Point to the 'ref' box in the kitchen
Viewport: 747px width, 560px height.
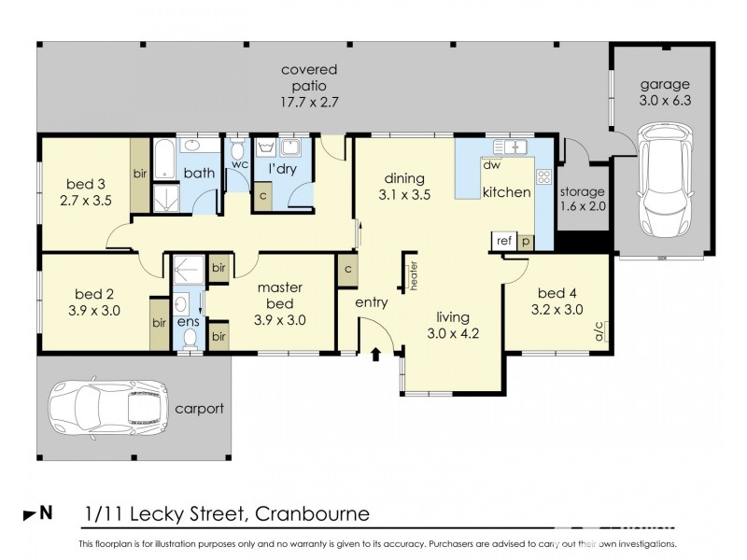pyautogui.click(x=504, y=241)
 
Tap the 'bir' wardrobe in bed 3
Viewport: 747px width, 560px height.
pyautogui.click(x=139, y=173)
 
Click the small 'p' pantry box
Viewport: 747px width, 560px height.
pyautogui.click(x=526, y=241)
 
